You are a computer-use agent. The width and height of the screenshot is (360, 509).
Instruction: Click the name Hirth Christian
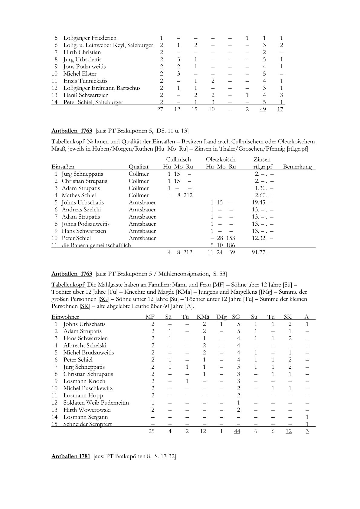[x=82, y=52]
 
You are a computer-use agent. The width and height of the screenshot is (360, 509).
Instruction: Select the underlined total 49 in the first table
[x=263, y=109]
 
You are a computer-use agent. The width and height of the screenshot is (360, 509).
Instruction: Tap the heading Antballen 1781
[x=71, y=456]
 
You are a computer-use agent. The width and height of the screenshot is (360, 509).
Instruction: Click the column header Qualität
[x=139, y=167]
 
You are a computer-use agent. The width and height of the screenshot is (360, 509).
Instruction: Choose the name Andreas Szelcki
[x=81, y=210]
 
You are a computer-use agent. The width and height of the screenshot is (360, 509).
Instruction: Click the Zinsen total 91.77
[x=259, y=252]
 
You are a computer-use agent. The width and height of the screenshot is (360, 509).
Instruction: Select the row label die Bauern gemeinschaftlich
[x=96, y=245]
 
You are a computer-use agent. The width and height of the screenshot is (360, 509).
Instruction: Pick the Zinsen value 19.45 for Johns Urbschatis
[x=259, y=202]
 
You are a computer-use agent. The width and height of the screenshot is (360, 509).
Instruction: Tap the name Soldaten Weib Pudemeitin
[x=96, y=403]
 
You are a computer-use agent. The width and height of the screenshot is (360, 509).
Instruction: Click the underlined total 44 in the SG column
[x=237, y=431]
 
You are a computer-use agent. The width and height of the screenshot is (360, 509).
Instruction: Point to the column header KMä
[x=203, y=317]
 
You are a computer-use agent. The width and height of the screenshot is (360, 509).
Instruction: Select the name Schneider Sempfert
[x=87, y=424]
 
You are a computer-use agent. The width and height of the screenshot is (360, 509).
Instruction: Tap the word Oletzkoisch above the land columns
[x=221, y=159]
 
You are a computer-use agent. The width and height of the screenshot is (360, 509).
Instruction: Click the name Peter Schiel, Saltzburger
[x=93, y=102]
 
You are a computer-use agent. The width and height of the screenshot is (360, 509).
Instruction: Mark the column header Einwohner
[x=65, y=317]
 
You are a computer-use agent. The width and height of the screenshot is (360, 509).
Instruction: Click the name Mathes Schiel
[x=79, y=195]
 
